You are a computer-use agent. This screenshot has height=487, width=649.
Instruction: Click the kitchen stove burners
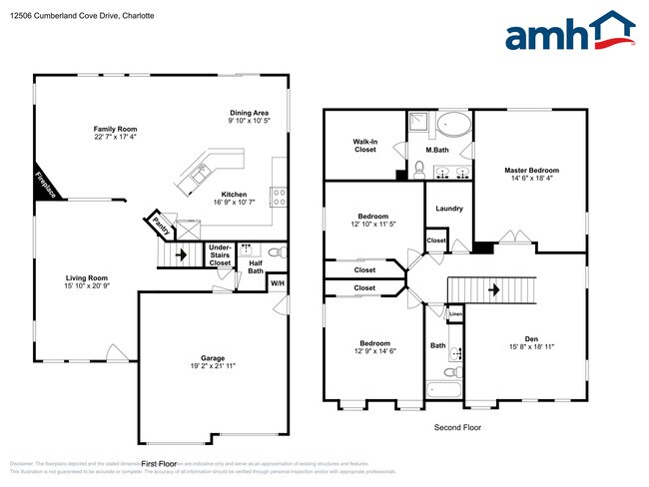coord(277,197)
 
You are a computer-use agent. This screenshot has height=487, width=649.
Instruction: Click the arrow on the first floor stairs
coord(179,254)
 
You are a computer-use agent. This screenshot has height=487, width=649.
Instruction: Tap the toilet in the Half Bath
coord(279,251)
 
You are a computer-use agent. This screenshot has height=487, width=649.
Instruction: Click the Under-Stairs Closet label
coord(220,256)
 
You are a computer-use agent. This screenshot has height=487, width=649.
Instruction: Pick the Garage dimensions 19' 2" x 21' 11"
coord(212,366)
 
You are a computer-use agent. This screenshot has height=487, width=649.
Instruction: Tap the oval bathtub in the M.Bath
coord(455,127)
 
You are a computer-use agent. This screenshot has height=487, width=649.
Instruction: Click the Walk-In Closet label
coord(364,146)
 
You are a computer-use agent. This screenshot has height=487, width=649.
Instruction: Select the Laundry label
coord(449,209)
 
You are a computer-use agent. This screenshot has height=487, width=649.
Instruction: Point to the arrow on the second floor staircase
coord(493,290)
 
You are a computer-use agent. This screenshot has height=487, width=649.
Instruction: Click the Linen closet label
coord(454,314)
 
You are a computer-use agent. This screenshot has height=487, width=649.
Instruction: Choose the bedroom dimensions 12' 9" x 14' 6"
coord(373,351)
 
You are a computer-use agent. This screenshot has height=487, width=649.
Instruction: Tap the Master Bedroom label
coord(531,170)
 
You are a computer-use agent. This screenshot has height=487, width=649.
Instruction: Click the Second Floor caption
coord(457,427)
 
